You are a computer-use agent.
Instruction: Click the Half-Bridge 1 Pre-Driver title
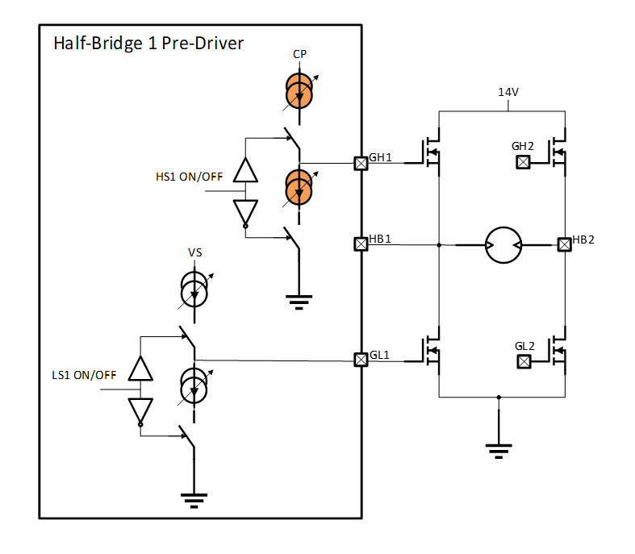[148, 44]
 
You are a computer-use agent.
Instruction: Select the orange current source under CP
[299, 91]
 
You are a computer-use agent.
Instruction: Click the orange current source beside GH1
[299, 187]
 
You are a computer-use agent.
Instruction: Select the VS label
[194, 252]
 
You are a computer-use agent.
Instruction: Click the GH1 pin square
[361, 163]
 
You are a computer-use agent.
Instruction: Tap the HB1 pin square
[361, 243]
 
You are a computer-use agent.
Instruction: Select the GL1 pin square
[361, 359]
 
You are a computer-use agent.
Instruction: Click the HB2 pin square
[565, 243]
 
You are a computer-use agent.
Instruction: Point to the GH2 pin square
[523, 162]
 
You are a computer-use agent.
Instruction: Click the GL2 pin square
[523, 360]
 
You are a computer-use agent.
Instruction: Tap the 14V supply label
[508, 93]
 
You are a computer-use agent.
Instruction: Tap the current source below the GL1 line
[194, 385]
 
